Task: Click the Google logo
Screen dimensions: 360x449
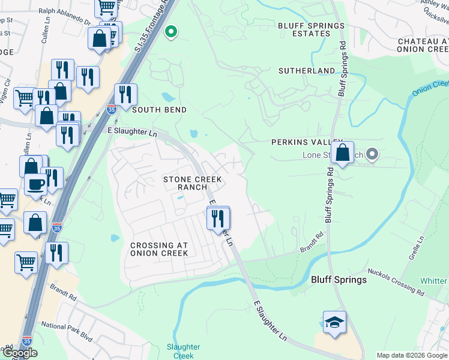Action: click(x=20, y=353)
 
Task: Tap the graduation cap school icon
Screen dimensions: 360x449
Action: click(x=334, y=323)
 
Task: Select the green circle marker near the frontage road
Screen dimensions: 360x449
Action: click(x=171, y=32)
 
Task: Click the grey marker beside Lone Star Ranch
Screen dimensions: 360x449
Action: click(x=372, y=155)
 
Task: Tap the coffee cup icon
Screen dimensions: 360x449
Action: click(x=36, y=184)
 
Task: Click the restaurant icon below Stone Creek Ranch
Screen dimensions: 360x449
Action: click(x=218, y=218)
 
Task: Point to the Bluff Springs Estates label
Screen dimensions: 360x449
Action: click(x=311, y=30)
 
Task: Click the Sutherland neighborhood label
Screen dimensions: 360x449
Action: click(x=307, y=71)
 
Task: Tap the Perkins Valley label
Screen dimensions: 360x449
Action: click(x=298, y=142)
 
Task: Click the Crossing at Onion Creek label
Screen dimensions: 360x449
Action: click(x=159, y=249)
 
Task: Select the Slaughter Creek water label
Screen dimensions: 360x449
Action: click(x=183, y=351)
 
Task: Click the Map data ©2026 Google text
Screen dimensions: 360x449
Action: click(x=412, y=355)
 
